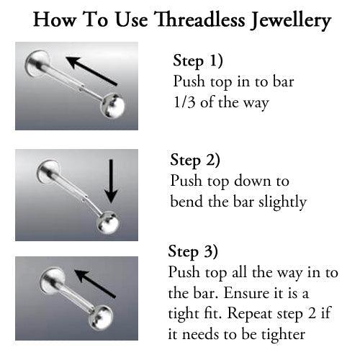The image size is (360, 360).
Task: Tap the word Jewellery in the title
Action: click(288, 22)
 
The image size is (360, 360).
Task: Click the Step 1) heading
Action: click(198, 60)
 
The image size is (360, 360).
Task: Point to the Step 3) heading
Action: click(193, 251)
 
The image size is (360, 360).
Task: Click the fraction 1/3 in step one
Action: click(185, 103)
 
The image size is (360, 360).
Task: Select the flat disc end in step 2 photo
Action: click(45, 171)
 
